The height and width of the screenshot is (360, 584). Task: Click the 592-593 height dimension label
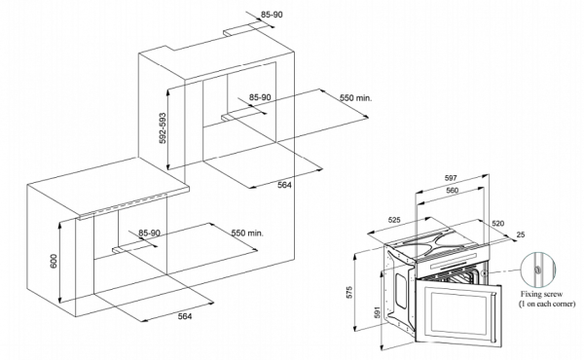click(162, 128)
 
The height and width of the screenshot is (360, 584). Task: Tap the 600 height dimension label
click(54, 261)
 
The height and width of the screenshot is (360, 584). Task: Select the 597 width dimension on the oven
click(451, 178)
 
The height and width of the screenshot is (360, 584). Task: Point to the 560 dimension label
click(453, 191)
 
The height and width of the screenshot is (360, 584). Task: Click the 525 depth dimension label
click(394, 220)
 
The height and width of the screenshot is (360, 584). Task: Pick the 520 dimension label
click(498, 224)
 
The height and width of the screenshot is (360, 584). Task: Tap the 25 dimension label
click(521, 234)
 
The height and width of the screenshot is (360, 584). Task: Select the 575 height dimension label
click(349, 292)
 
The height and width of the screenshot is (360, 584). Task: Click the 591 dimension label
click(377, 312)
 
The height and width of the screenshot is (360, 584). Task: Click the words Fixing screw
click(541, 294)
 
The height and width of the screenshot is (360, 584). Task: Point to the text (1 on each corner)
click(547, 304)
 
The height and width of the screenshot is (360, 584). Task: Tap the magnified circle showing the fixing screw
click(538, 270)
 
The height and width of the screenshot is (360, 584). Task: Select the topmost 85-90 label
click(272, 15)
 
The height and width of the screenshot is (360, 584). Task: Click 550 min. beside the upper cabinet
click(355, 98)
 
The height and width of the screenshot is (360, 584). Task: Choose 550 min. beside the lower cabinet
click(247, 234)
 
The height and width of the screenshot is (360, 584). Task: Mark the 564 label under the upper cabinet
click(284, 185)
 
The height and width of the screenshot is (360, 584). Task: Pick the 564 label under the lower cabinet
click(185, 316)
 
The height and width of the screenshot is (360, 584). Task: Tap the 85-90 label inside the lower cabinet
click(149, 234)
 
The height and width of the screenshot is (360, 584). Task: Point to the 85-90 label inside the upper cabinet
click(260, 97)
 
